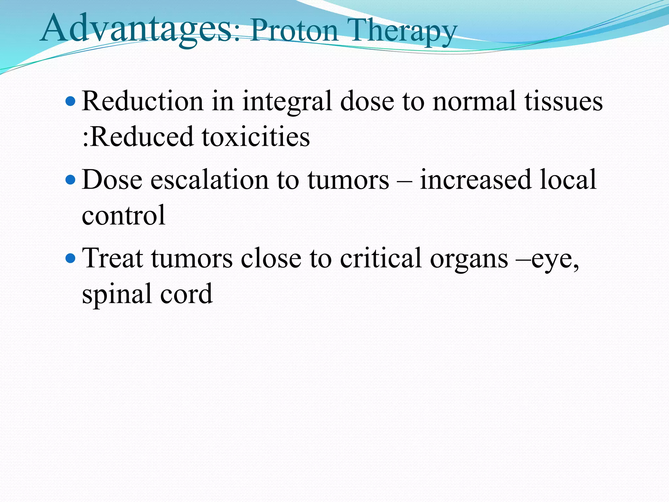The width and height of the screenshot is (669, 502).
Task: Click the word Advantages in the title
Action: tap(137, 29)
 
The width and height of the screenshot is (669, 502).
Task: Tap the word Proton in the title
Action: tap(294, 31)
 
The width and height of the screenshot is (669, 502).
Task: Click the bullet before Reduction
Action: tap(70, 102)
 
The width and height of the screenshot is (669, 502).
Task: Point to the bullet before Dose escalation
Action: tap(70, 180)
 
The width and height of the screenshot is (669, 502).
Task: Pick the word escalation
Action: tap(209, 180)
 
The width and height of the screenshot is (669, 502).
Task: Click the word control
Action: tap(123, 215)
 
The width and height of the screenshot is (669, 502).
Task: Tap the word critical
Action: tap(381, 258)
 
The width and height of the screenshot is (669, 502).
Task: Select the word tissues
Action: tap(563, 101)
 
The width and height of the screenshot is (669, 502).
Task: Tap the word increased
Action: tap(475, 180)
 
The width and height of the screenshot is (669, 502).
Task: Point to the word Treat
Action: tap(112, 258)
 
